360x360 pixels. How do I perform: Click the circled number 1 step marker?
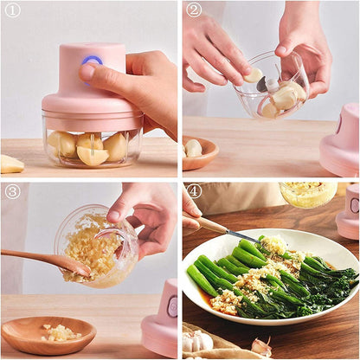pyautogui.click(x=12, y=10)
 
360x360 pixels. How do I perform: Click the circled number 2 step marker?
pyautogui.click(x=194, y=10)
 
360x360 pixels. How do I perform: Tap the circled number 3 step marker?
pyautogui.click(x=12, y=191)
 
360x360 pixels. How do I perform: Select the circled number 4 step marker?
pyautogui.click(x=194, y=191)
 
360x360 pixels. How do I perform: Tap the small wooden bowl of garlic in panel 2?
pyautogui.click(x=197, y=152)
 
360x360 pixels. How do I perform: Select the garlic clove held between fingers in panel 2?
pyautogui.click(x=253, y=75)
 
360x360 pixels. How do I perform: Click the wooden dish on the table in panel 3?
pyautogui.click(x=47, y=335)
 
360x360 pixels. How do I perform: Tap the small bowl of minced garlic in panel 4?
pyautogui.click(x=308, y=194)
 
